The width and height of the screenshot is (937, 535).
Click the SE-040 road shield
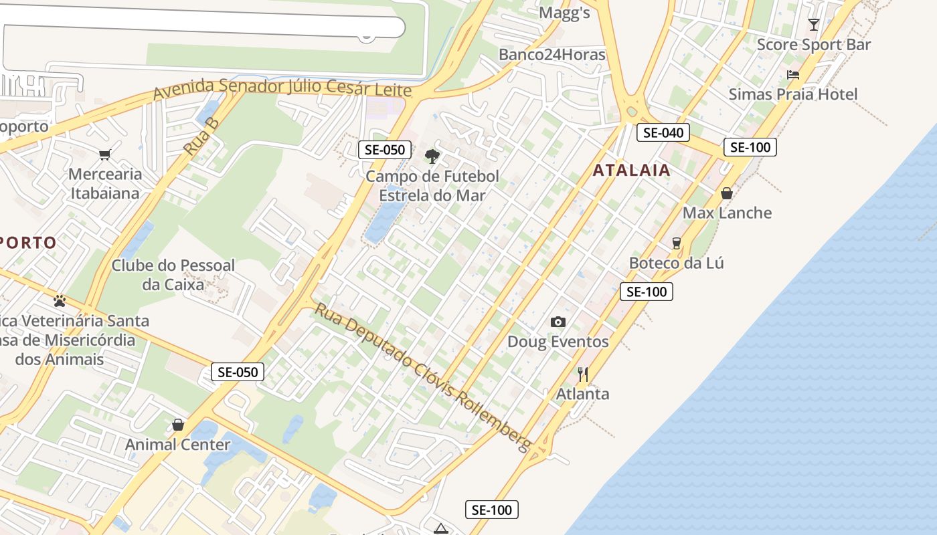[663, 132]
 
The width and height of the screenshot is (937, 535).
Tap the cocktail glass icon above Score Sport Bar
[814, 25]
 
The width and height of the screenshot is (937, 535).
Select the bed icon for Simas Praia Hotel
[793, 75]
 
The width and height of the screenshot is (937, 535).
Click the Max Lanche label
[727, 213]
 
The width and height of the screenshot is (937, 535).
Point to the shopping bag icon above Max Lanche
[727, 194]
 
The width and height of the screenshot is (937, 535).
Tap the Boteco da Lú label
[676, 263]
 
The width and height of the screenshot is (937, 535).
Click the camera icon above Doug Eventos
[558, 322]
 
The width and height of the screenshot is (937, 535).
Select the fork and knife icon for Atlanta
[583, 374]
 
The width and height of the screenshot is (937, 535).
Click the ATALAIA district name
[631, 170]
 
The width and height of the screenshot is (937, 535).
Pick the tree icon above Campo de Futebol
[432, 156]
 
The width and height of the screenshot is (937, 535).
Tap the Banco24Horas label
[552, 55]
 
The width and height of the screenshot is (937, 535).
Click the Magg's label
[564, 13]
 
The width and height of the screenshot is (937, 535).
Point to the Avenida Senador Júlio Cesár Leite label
[282, 88]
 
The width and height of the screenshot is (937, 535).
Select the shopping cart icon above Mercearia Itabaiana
[104, 155]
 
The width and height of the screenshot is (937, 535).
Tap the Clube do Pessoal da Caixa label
[173, 274]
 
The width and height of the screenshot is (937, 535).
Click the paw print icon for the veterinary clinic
[60, 301]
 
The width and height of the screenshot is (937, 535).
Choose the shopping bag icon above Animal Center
[178, 425]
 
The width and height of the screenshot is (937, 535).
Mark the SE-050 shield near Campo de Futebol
[384, 150]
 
